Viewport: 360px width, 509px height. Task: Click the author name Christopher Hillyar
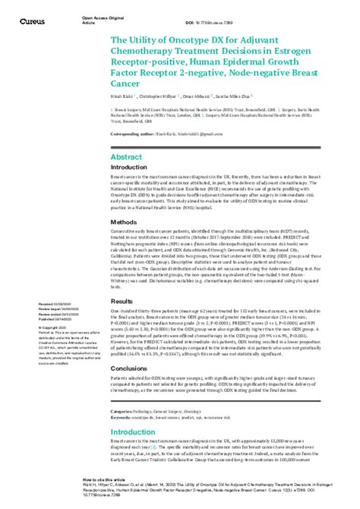[163, 98]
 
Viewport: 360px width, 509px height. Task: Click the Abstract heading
[127, 156]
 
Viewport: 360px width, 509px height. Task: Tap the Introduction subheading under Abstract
[134, 167]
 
